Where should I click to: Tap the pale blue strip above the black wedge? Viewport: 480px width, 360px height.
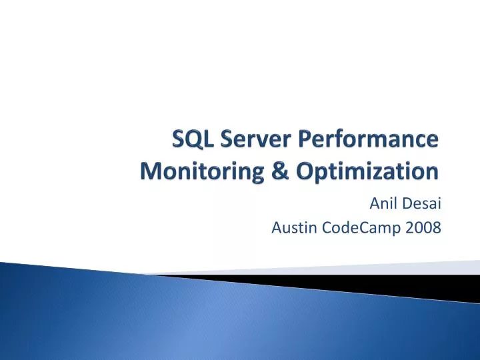tap(400, 268)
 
